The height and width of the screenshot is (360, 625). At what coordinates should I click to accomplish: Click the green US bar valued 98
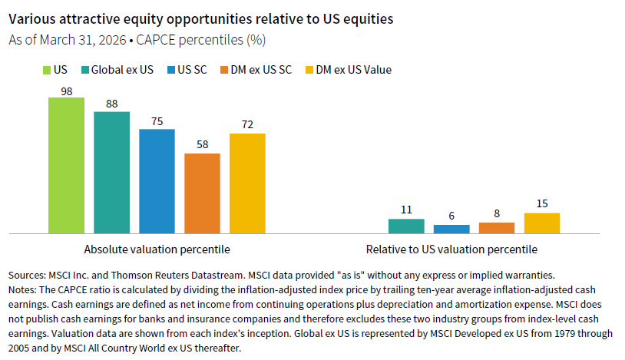pyautogui.click(x=66, y=165)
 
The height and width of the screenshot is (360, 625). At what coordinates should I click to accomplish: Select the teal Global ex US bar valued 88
pyautogui.click(x=111, y=173)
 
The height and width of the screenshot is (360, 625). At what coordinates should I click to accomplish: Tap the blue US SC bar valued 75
pyautogui.click(x=157, y=181)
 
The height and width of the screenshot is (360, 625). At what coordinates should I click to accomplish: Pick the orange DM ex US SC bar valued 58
pyautogui.click(x=202, y=193)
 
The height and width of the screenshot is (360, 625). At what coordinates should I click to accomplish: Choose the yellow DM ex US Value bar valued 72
pyautogui.click(x=247, y=183)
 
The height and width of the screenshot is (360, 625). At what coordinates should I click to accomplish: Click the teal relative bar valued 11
pyautogui.click(x=406, y=226)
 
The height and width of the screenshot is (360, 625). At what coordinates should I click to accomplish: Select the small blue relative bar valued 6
pyautogui.click(x=451, y=229)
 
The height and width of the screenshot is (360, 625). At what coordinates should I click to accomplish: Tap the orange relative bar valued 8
pyautogui.click(x=497, y=227)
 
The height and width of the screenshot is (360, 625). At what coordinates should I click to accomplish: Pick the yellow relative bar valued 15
pyautogui.click(x=542, y=223)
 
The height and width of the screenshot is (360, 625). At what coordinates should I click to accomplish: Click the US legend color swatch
pyautogui.click(x=46, y=70)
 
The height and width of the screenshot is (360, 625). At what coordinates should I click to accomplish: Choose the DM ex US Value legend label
pyautogui.click(x=354, y=70)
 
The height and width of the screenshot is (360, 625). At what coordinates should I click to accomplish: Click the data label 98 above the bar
pyautogui.click(x=66, y=91)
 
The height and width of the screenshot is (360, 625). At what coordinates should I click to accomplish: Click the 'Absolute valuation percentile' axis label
pyautogui.click(x=157, y=249)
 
